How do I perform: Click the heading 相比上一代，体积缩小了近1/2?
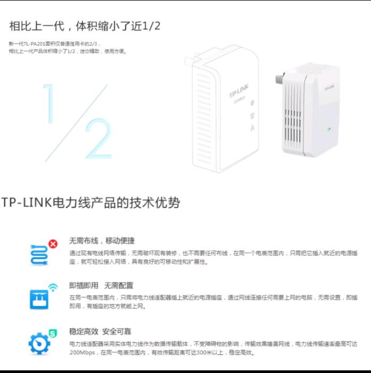tap(85, 26)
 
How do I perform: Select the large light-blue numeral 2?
tap(98, 139)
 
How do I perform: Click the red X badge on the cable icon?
tap(53, 244)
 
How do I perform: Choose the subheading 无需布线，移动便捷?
tap(102, 241)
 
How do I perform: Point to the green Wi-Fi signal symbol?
tap(53, 288)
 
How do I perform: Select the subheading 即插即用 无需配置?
tap(101, 286)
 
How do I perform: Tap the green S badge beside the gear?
tap(53, 334)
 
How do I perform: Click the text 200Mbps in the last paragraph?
tap(81, 353)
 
